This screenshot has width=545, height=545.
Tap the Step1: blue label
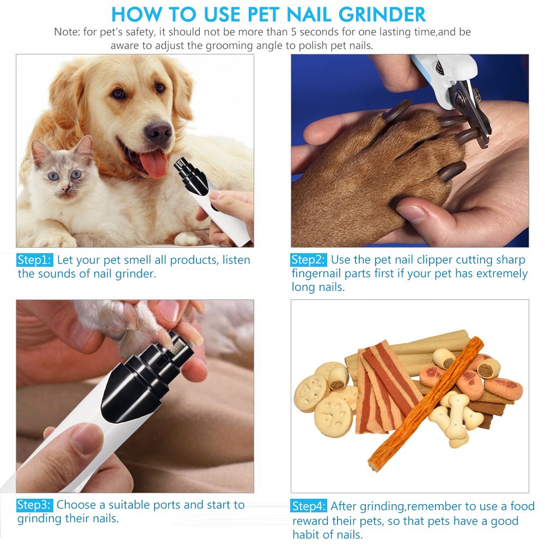click(x=35, y=260)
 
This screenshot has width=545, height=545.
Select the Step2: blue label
click(x=309, y=260)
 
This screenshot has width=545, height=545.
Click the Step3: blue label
click(x=35, y=505)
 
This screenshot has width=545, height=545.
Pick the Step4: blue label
click(x=309, y=506)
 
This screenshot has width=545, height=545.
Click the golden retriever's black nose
click(x=158, y=130)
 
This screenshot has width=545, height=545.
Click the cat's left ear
click(x=39, y=150)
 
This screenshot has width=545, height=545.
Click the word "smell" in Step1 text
click(x=150, y=260)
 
